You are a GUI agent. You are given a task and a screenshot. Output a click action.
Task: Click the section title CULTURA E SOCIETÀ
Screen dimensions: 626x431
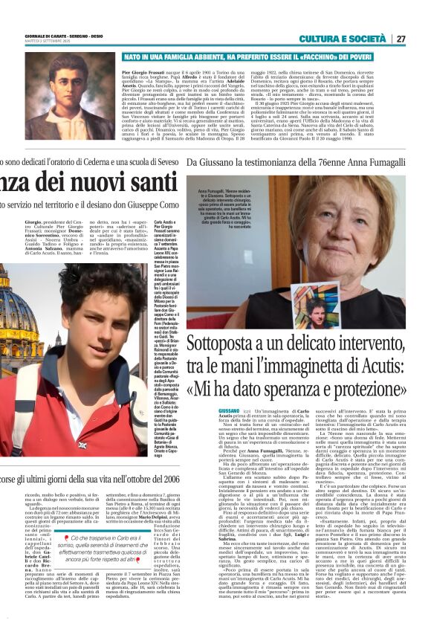(x=353, y=39)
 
